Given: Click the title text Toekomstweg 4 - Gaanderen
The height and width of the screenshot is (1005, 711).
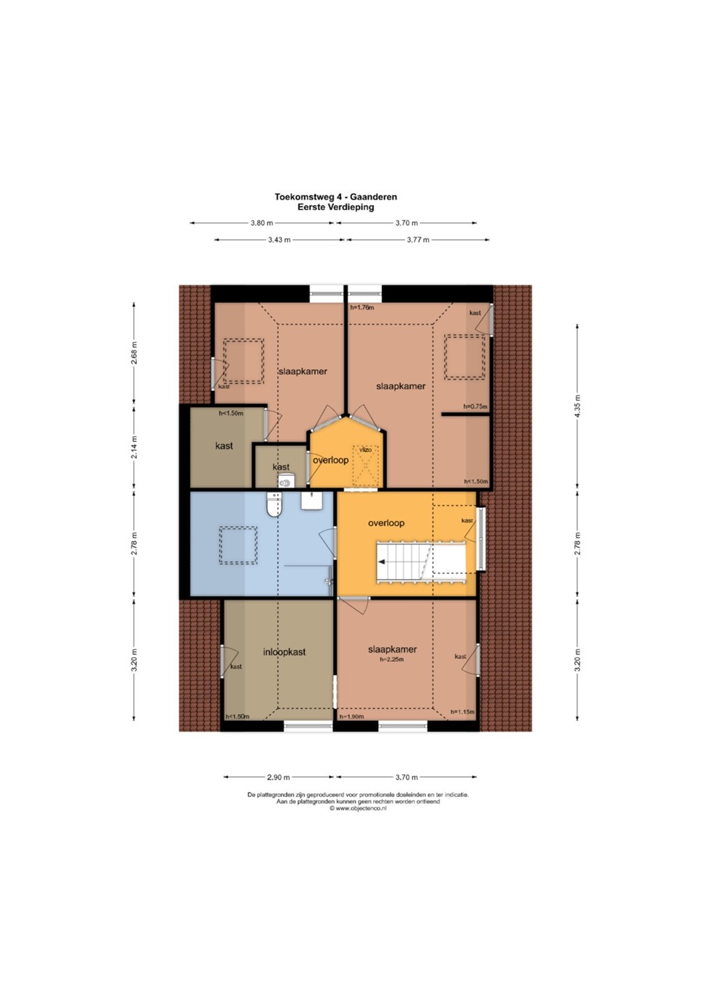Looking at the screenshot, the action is point(336,197).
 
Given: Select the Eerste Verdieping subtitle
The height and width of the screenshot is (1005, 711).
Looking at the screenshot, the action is point(336,207).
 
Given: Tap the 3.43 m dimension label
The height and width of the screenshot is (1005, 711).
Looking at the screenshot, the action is point(279,239).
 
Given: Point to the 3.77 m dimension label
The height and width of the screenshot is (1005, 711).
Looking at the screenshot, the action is point(418,239).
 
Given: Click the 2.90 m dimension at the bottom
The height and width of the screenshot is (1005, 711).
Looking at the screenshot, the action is point(279,777).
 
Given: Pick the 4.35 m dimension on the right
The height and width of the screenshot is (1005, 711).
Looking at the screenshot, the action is point(577,406).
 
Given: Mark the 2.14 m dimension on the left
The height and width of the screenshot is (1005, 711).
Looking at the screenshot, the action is point(134,447).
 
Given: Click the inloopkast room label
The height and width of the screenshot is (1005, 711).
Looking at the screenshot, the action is point(284,651).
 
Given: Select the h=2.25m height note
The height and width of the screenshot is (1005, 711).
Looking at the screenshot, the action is point(393,660).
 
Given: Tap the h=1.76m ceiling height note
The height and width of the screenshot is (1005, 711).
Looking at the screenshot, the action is point(362,308).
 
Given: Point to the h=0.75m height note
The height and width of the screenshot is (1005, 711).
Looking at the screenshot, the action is point(476,406).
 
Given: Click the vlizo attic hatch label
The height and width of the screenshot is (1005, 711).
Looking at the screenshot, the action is point(365,449).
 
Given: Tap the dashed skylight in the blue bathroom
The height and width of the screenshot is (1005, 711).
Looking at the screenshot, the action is point(238,546).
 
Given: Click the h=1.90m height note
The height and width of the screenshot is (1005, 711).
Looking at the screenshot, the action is point(352,717).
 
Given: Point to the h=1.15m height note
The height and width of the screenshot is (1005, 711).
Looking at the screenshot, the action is point(462,712).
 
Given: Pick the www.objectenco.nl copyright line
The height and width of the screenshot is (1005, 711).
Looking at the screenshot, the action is point(358,808).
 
